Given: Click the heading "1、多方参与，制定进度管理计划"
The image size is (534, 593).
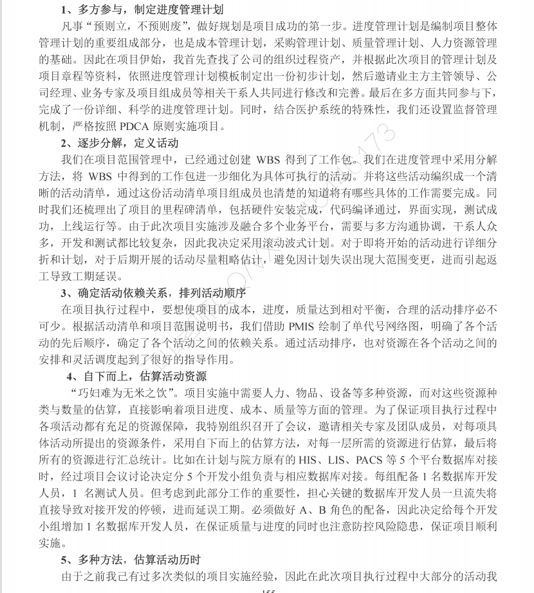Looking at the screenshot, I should point(142,10).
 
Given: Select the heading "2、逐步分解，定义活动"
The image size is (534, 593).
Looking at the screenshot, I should point(120,142).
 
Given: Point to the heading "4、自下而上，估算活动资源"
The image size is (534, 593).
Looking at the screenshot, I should point(136,376).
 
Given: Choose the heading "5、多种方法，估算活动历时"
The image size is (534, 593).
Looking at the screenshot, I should point(131,560).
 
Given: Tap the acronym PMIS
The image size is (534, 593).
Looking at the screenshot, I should point(301,326).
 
